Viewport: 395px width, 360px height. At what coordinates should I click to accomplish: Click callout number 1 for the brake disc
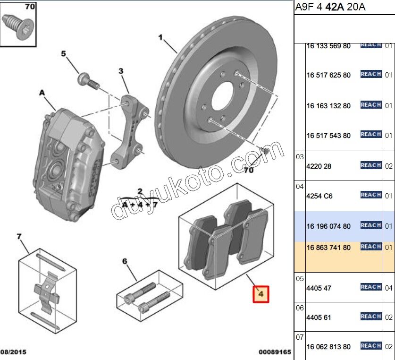point(160,37)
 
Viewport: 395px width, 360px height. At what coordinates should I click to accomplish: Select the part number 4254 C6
point(319,196)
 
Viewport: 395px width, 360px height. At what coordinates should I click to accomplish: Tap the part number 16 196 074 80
point(328,226)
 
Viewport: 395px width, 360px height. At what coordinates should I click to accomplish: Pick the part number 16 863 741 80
point(328,248)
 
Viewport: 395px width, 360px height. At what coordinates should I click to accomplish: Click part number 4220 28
point(319,166)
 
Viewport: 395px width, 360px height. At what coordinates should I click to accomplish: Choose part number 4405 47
point(319,288)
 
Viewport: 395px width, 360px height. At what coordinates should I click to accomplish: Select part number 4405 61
point(319,317)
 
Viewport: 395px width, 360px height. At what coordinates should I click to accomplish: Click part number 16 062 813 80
point(328,347)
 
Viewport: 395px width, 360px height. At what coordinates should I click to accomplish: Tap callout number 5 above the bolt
point(64,54)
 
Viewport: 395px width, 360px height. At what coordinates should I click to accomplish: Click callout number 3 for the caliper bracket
point(121,71)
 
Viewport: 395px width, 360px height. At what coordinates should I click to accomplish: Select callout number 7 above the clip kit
point(19,236)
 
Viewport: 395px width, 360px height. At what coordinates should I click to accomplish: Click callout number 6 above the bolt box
point(125,261)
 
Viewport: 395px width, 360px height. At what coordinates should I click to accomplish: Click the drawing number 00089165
point(274,352)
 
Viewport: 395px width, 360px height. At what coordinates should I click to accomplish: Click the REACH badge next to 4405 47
point(370,287)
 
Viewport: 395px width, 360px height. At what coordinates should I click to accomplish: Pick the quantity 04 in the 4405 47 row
point(388,288)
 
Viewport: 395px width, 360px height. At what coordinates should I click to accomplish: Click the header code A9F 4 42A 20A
point(330,7)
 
